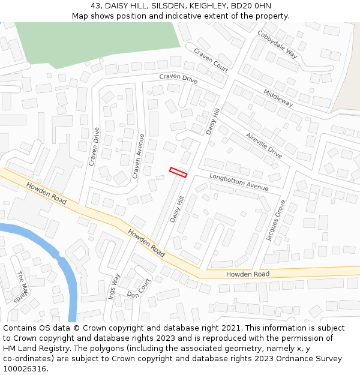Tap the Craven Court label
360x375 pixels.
[211, 61]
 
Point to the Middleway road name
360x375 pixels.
[278, 98]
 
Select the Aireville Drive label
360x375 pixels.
[263, 145]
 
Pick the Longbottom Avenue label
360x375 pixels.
[239, 182]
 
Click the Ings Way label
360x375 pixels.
[114, 286]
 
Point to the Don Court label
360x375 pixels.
[139, 289]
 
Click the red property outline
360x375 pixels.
[178, 172]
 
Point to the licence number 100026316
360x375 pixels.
[26, 368]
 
